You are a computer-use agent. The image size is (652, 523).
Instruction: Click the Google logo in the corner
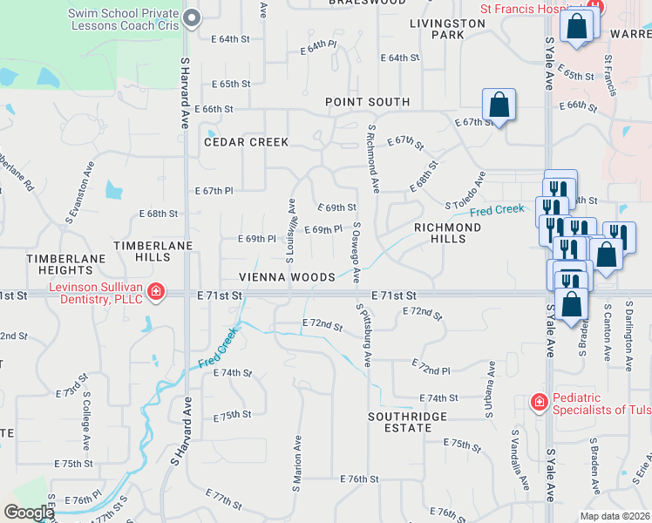29,513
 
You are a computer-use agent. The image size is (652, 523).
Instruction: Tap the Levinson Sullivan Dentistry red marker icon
156,291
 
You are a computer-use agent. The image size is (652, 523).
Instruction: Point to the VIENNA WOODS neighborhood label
288,277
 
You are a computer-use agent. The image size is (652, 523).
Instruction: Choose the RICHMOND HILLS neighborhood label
447,233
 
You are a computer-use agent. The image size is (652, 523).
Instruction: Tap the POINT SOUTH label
367,102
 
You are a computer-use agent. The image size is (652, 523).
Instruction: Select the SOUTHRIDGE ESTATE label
408,422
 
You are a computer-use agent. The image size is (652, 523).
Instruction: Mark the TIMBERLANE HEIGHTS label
59,265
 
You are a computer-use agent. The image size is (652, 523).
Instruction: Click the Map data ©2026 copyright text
615,516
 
